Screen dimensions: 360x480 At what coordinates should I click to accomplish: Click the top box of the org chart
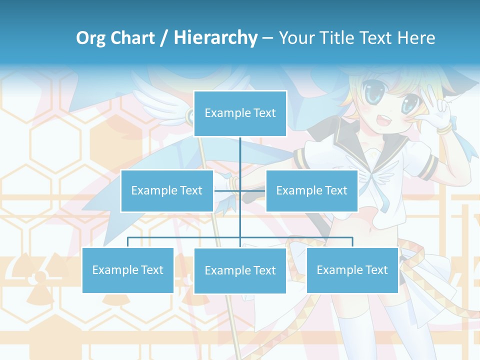pyautogui.click(x=240, y=113)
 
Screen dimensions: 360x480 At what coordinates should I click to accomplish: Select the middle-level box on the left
pyautogui.click(x=166, y=190)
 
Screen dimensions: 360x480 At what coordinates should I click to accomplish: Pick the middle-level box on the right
pyautogui.click(x=311, y=190)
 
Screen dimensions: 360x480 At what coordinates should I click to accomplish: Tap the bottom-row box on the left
pyautogui.click(x=127, y=270)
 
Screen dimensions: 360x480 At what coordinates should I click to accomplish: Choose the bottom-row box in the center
pyautogui.click(x=240, y=270)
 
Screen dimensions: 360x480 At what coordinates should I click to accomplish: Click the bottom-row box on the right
pyautogui.click(x=352, y=270)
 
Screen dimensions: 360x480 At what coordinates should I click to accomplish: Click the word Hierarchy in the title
pyautogui.click(x=215, y=38)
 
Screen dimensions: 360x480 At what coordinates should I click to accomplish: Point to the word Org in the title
pyautogui.click(x=91, y=38)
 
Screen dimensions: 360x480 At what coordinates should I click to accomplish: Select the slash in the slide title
pyautogui.click(x=164, y=38)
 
